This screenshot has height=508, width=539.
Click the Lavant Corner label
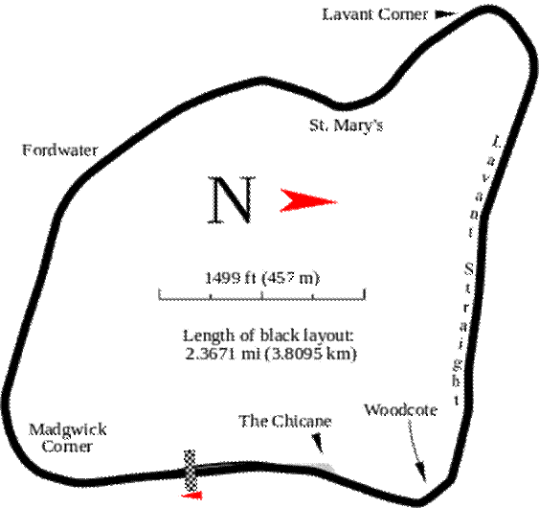tap(374, 14)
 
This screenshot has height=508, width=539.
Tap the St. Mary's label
tap(346, 126)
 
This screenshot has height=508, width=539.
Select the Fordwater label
tap(60, 150)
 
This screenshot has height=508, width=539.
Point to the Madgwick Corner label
tap(67, 438)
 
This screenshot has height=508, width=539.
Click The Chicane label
tap(285, 422)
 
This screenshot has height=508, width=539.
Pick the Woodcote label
tap(400, 410)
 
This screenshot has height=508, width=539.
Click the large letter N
tap(232, 199)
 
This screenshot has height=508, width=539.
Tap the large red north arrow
tap(308, 200)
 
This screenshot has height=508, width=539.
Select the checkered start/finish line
tap(191, 471)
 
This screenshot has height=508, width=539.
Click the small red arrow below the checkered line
tap(192, 496)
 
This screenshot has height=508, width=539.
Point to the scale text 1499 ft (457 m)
tap(262, 278)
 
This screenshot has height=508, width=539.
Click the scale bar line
tap(262, 295)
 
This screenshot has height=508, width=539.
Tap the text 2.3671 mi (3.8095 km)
tap(271, 354)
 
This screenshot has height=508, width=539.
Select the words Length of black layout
tap(268, 335)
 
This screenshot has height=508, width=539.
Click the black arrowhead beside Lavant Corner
tap(445, 14)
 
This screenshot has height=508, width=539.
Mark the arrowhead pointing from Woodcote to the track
tap(421, 473)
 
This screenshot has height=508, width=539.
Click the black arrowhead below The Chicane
tap(318, 443)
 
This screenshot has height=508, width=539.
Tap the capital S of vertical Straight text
tap(469, 268)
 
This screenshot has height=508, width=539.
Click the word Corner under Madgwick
tap(67, 447)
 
